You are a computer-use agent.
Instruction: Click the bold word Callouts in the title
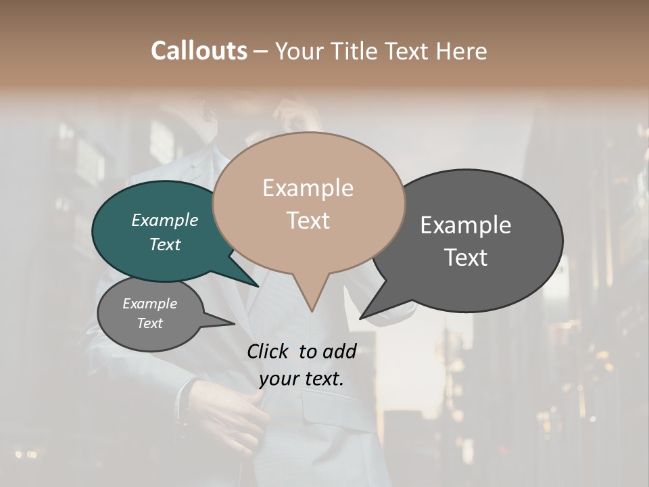199,51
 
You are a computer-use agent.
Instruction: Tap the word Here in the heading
462,51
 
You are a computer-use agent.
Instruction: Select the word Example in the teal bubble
165,221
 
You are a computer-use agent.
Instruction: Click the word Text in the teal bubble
165,244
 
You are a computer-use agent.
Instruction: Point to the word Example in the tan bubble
308,188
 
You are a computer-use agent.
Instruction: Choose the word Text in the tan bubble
308,221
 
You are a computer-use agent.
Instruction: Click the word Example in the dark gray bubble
466,225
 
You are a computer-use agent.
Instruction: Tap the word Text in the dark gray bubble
466,258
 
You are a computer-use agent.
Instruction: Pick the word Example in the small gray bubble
149,304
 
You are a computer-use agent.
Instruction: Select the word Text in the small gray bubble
149,323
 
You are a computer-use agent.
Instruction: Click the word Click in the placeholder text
268,351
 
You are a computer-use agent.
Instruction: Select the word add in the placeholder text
339,351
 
